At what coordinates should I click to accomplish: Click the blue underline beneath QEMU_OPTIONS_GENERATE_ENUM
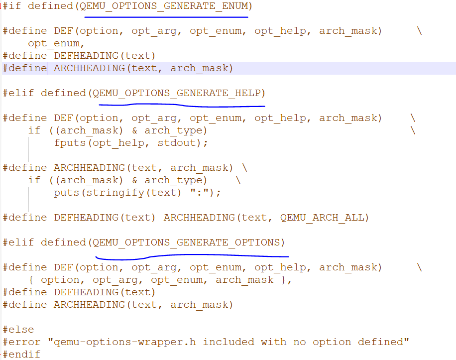point(166,16)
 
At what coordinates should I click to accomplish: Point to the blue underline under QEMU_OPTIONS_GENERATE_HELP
point(182,105)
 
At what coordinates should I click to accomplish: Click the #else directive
point(18,330)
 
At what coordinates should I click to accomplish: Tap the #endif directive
point(21,354)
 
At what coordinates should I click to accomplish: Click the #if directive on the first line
point(12,6)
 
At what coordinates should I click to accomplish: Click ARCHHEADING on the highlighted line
point(89,68)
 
